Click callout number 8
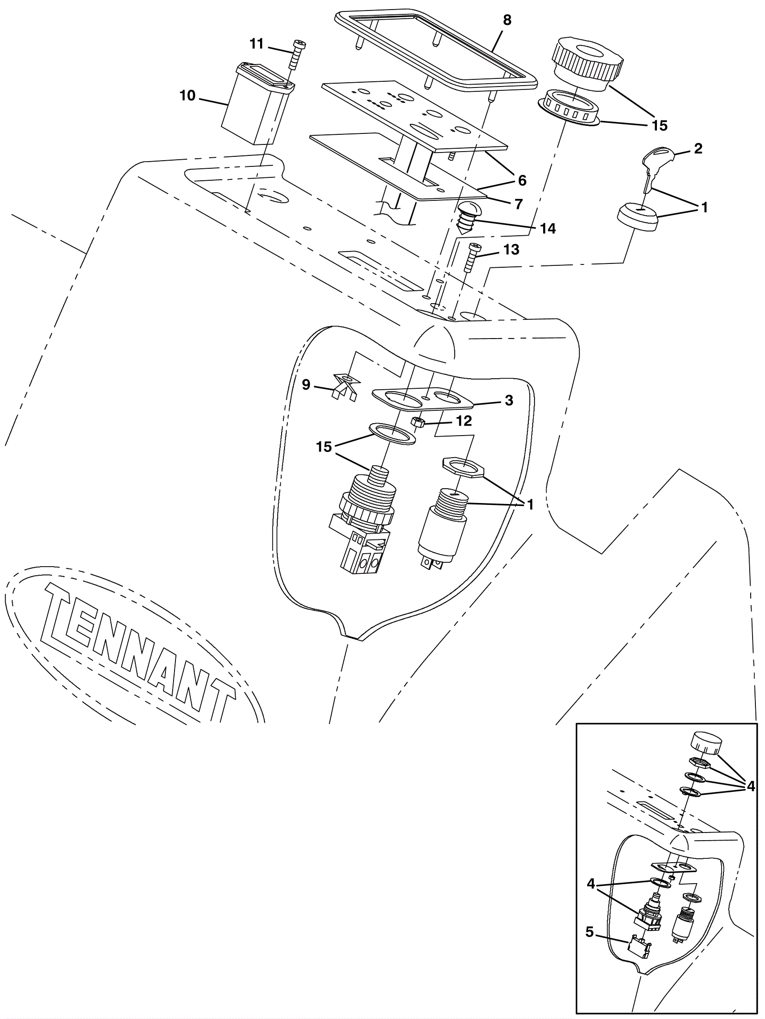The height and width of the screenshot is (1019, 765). pyautogui.click(x=507, y=21)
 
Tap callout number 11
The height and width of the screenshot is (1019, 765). pyautogui.click(x=257, y=44)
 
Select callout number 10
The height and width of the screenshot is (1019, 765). pyautogui.click(x=188, y=96)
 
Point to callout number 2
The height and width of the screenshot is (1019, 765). pyautogui.click(x=698, y=149)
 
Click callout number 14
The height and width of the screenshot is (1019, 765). pyautogui.click(x=548, y=229)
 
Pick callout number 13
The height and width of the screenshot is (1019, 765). pyautogui.click(x=511, y=250)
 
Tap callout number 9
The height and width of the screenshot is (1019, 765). pyautogui.click(x=306, y=384)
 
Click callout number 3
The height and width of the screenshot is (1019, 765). pyautogui.click(x=509, y=400)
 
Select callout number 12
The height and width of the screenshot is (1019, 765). pyautogui.click(x=464, y=421)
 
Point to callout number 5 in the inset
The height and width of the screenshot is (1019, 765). pyautogui.click(x=590, y=945)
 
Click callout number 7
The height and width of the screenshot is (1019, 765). pyautogui.click(x=519, y=204)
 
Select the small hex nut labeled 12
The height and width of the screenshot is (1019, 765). pyautogui.click(x=419, y=422)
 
